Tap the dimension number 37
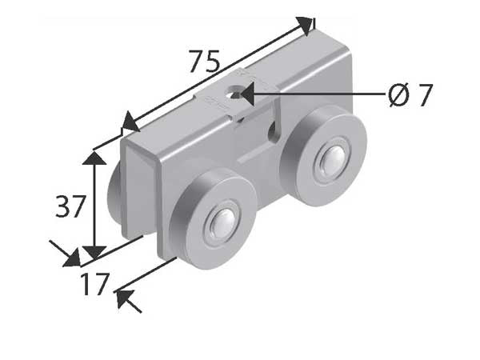(x=70, y=207)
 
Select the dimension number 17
(x=94, y=284)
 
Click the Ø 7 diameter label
(x=410, y=95)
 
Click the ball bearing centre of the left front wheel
(x=222, y=225)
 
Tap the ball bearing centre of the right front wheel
(x=329, y=162)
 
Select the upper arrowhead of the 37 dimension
(x=95, y=158)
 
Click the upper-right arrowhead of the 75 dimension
(x=306, y=25)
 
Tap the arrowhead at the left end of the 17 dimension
(x=71, y=258)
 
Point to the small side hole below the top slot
(x=274, y=132)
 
